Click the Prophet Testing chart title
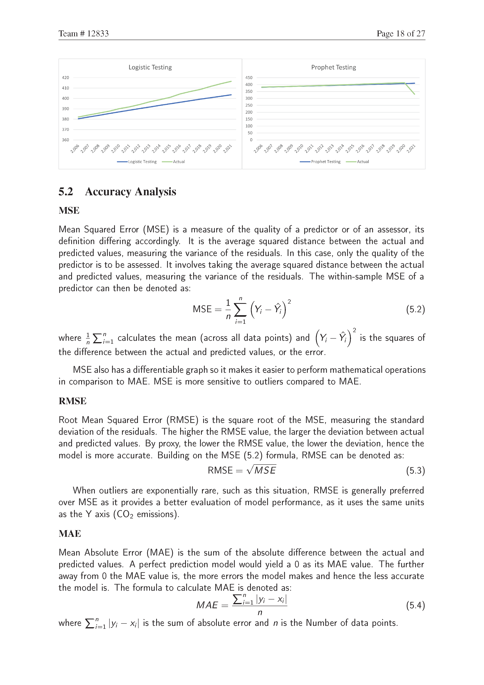click(x=334, y=67)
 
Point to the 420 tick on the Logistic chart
click(x=65, y=78)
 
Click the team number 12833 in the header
click(x=98, y=33)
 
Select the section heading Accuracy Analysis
click(x=131, y=192)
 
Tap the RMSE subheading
click(x=72, y=401)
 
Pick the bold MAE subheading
click(x=70, y=533)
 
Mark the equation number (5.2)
click(x=415, y=309)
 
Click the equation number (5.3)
click(x=415, y=470)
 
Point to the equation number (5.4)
click(x=415, y=605)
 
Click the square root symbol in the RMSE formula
click(x=250, y=470)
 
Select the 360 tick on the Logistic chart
click(x=65, y=140)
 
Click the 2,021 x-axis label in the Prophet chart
click(x=411, y=148)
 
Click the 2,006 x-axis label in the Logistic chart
click(x=75, y=148)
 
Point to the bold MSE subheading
click(x=69, y=210)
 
